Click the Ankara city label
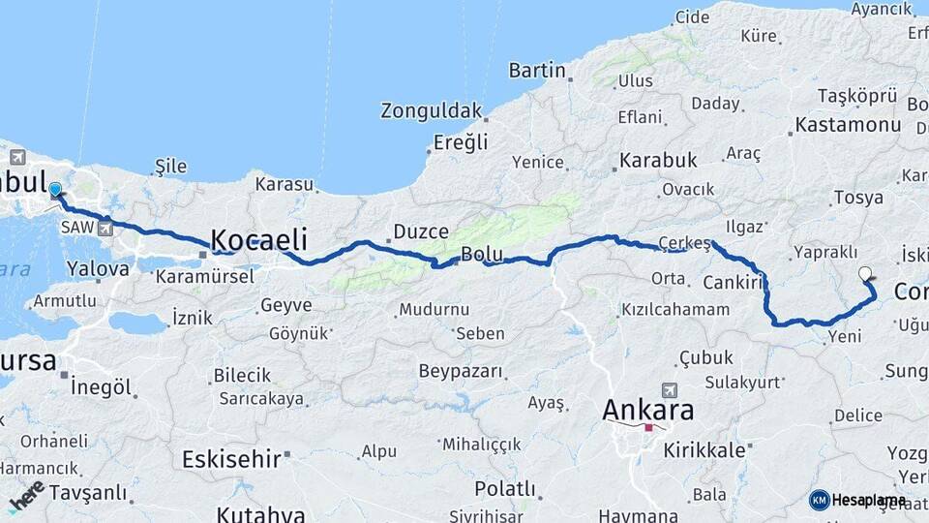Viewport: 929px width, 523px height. pos(647,410)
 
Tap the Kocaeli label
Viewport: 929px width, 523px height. pos(258,240)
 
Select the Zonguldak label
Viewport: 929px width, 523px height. pos(431,109)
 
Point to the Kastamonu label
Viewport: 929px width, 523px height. pos(848,125)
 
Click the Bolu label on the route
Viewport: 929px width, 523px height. pos(481,255)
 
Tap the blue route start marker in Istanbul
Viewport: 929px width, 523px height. pos(55,191)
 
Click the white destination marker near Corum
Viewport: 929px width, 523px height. pos(865,275)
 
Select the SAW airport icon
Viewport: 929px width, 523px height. pos(105,229)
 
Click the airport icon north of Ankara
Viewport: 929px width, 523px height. pos(670,388)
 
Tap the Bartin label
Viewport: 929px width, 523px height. pos(537,70)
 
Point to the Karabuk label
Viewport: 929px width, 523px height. pos(658,160)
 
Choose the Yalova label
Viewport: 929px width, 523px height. pos(94,268)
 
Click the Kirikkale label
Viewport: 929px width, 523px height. pos(704,450)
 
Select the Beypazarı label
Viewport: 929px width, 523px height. pos(461,371)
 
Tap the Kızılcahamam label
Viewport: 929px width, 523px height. pos(675,310)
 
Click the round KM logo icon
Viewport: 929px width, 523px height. pos(820,500)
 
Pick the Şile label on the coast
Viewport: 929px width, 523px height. pos(170,166)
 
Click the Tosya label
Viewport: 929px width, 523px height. pos(858,198)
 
